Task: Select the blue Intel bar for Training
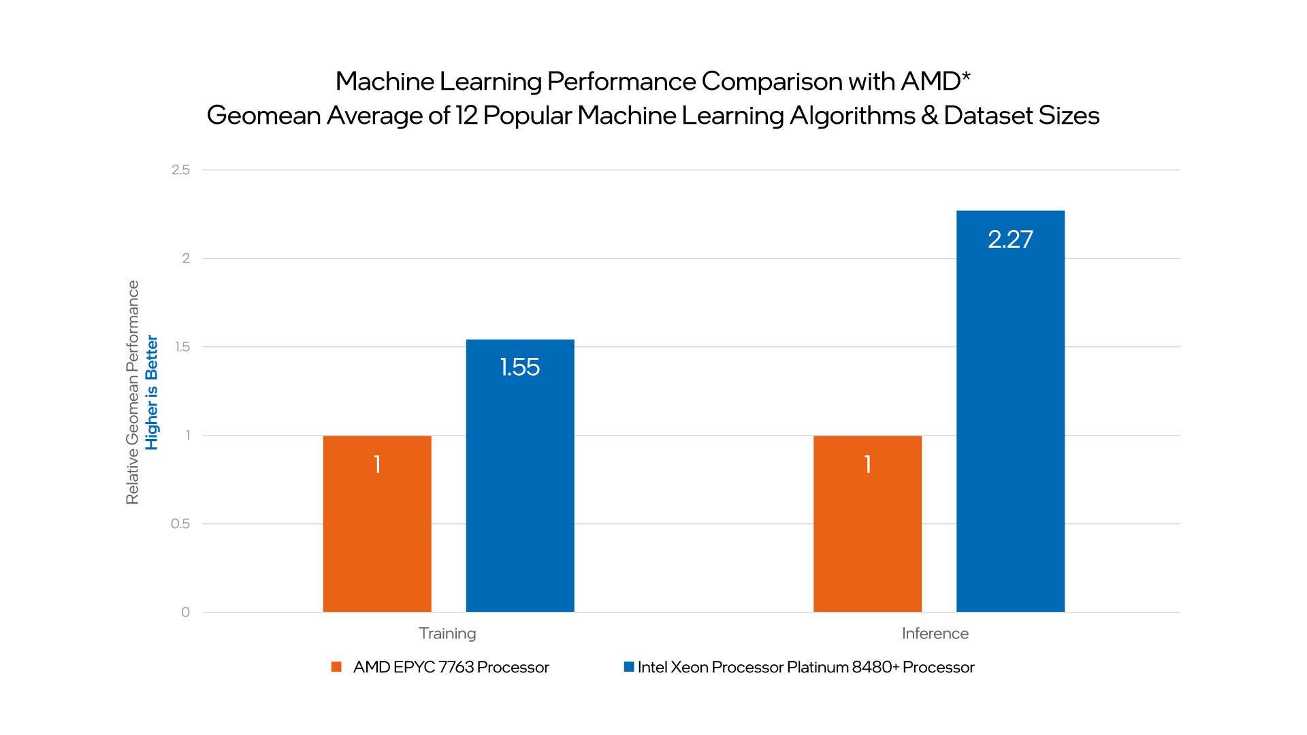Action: tap(519, 490)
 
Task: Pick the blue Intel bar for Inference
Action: tap(1010, 422)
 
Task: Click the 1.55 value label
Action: tap(519, 367)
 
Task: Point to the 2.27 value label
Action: tap(1010, 240)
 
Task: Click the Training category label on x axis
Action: tap(447, 634)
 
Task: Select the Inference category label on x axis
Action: tap(935, 634)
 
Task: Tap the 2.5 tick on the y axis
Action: tap(180, 170)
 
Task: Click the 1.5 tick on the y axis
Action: tap(182, 347)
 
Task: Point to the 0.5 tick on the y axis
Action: tap(180, 524)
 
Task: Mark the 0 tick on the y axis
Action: tap(185, 612)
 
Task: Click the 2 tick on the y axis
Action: tap(186, 259)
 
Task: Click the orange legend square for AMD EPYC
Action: tap(336, 667)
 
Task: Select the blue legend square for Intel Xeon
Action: tap(629, 667)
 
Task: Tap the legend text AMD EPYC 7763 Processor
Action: tap(451, 668)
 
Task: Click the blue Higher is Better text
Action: tap(152, 393)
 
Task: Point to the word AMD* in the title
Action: tap(935, 82)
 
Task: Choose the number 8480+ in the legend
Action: tap(875, 668)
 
